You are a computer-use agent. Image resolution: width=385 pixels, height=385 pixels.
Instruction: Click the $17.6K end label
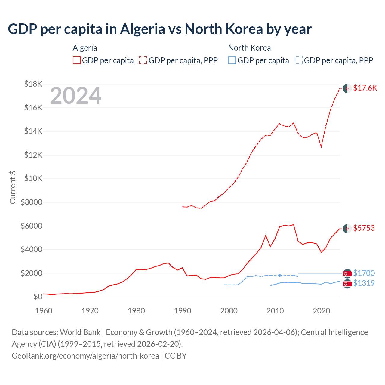pos(365,88)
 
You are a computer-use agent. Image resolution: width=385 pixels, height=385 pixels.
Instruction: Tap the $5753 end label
pos(364,228)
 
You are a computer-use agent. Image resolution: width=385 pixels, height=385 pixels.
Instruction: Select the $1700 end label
pos(364,273)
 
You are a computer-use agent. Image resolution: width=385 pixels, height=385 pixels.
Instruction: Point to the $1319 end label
pos(364,283)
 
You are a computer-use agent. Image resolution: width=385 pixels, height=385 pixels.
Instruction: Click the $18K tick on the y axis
pos(33,84)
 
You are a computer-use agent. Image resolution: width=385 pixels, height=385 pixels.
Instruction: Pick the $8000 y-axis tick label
pos(31,202)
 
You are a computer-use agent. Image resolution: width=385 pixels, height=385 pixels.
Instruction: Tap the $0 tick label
pos(38,297)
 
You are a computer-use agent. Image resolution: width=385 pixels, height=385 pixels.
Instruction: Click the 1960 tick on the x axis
pos(44,311)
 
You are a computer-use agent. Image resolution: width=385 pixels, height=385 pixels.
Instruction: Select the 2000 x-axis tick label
pos(229,311)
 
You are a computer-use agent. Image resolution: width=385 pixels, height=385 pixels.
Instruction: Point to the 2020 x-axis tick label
pos(322,311)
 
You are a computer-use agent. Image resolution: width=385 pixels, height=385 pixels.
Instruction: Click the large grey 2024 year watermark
pos(75,96)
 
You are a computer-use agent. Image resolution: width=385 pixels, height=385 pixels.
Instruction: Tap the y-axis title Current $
pos(13,187)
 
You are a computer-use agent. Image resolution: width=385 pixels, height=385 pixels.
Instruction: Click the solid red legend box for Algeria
pos(77,60)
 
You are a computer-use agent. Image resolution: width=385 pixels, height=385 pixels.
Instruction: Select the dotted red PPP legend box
pos(143,60)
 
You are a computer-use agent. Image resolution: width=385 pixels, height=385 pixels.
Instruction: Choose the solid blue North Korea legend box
pos(232,60)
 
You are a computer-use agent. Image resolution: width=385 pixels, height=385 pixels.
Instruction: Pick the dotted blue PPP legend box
pos(299,60)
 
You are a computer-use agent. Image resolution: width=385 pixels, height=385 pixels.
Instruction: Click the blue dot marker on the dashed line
pos(280,275)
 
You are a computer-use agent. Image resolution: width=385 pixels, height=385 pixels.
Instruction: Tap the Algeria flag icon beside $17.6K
pos(347,88)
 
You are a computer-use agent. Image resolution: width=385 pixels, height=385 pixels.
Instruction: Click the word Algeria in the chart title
pos(143,29)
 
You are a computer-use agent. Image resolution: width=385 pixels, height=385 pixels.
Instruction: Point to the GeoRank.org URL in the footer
pos(85,356)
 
